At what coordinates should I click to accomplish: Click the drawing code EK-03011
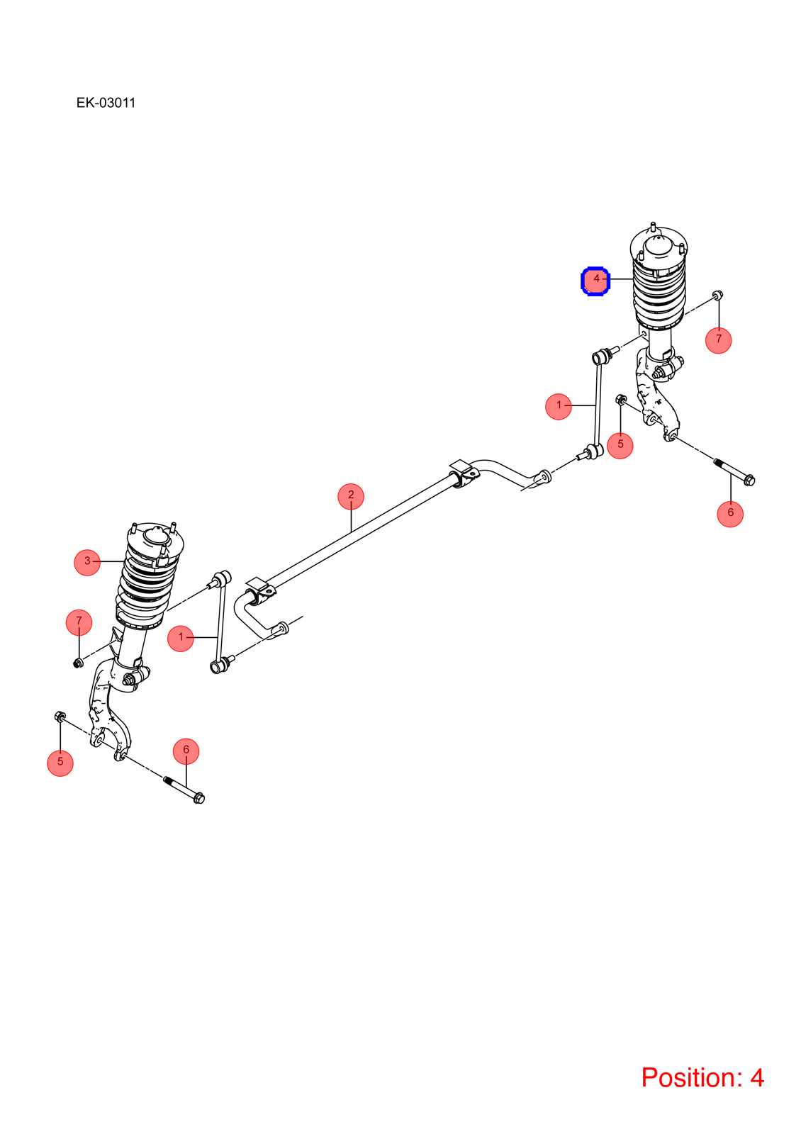pyautogui.click(x=106, y=103)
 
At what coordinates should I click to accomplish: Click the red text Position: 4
pyautogui.click(x=702, y=1077)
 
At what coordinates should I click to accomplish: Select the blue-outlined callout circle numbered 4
pyautogui.click(x=595, y=281)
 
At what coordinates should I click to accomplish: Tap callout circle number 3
pyautogui.click(x=87, y=563)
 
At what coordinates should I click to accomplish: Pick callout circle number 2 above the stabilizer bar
pyautogui.click(x=351, y=497)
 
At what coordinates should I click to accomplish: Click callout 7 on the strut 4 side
pyautogui.click(x=719, y=340)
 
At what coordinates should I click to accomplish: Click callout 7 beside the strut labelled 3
pyautogui.click(x=79, y=622)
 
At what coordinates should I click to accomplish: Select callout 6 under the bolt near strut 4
pyautogui.click(x=730, y=515)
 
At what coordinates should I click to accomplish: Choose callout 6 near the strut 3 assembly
pyautogui.click(x=186, y=751)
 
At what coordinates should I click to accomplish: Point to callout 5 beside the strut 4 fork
pyautogui.click(x=620, y=446)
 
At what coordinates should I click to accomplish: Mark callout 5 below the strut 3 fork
pyautogui.click(x=60, y=763)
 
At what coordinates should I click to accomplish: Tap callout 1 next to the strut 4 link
pyautogui.click(x=559, y=407)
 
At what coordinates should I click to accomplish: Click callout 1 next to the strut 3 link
pyautogui.click(x=180, y=639)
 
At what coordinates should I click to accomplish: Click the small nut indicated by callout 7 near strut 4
pyautogui.click(x=717, y=295)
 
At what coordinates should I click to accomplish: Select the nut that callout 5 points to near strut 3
pyautogui.click(x=60, y=717)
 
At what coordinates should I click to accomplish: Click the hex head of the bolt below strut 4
pyautogui.click(x=750, y=479)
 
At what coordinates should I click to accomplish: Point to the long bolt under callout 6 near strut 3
pyautogui.click(x=184, y=790)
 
